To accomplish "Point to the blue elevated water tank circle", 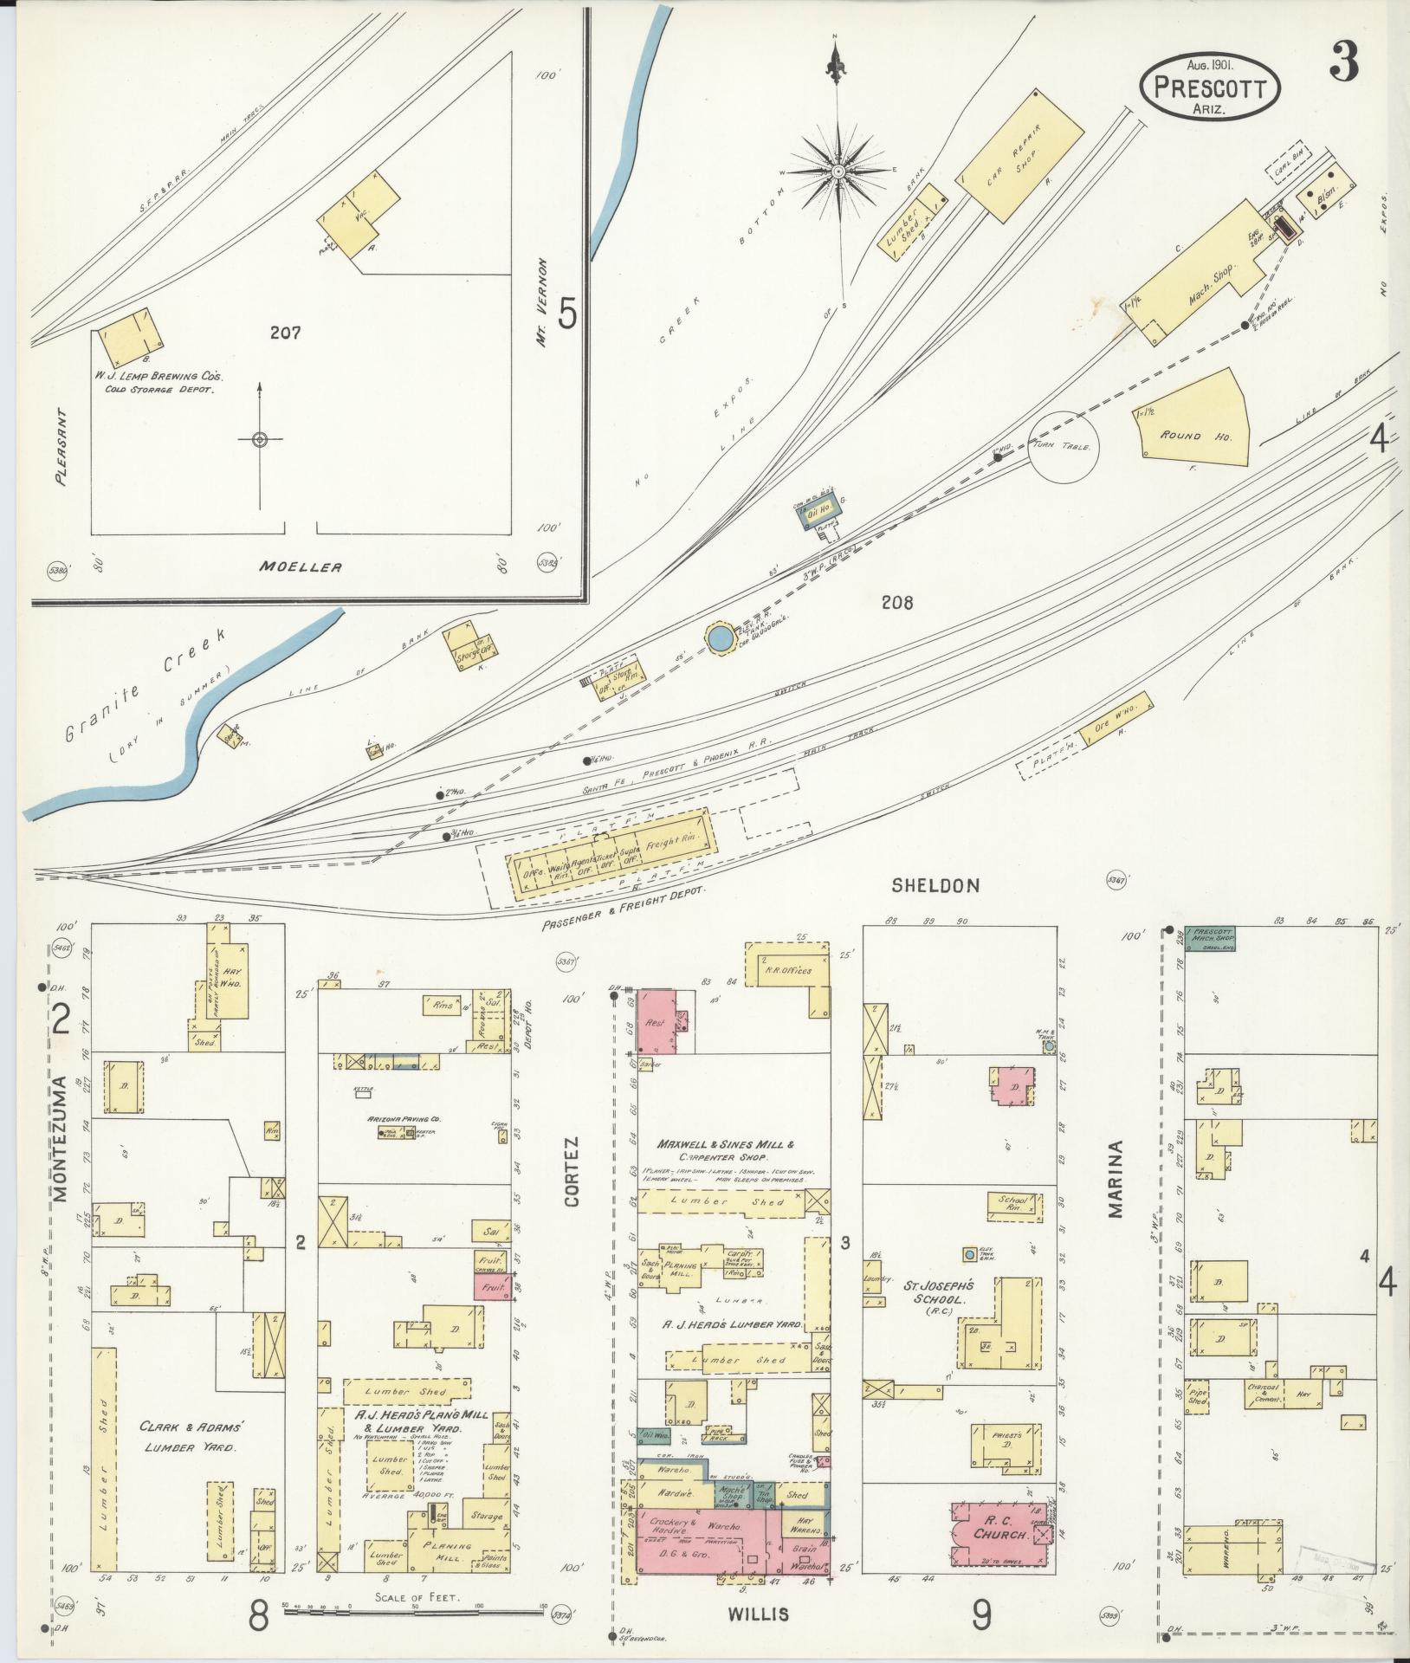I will coord(718,640).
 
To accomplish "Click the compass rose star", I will coord(838,171).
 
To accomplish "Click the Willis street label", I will coord(765,1614).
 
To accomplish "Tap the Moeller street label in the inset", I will coord(300,567).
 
